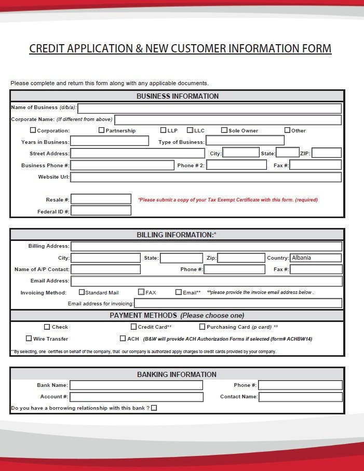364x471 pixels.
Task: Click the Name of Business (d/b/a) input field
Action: pyautogui.click(x=209, y=108)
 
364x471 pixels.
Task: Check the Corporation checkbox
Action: pyautogui.click(x=33, y=130)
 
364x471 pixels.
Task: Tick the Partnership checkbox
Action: pyautogui.click(x=102, y=130)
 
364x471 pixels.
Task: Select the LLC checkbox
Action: pyautogui.click(x=190, y=130)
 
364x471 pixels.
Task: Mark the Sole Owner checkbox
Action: pyautogui.click(x=224, y=130)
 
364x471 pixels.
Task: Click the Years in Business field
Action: pyautogui.click(x=109, y=141)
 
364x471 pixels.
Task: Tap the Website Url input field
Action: pyautogui.click(x=206, y=177)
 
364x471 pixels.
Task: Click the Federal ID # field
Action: pyautogui.click(x=101, y=211)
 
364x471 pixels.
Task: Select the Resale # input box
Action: pyautogui.click(x=101, y=199)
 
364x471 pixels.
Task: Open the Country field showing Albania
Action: pyautogui.click(x=316, y=258)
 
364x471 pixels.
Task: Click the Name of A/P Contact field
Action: pyautogui.click(x=105, y=269)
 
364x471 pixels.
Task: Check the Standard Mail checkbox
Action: pyautogui.click(x=82, y=292)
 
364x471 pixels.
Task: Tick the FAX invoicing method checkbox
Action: pyautogui.click(x=141, y=292)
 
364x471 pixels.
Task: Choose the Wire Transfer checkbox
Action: pyautogui.click(x=29, y=339)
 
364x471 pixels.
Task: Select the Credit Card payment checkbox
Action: pyautogui.click(x=133, y=327)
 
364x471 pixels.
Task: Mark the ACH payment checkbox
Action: pyautogui.click(x=123, y=339)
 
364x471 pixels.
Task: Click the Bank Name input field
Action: pyautogui.click(x=136, y=385)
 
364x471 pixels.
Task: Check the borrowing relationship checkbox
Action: pyautogui.click(x=154, y=408)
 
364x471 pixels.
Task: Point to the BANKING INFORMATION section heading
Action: pyautogui.click(x=177, y=374)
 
